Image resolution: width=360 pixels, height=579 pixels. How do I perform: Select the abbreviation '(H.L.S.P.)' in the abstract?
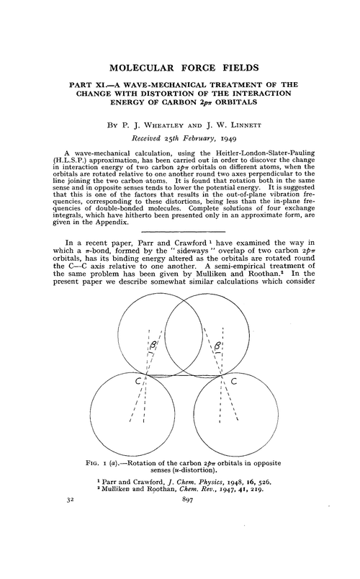pos(87,164)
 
